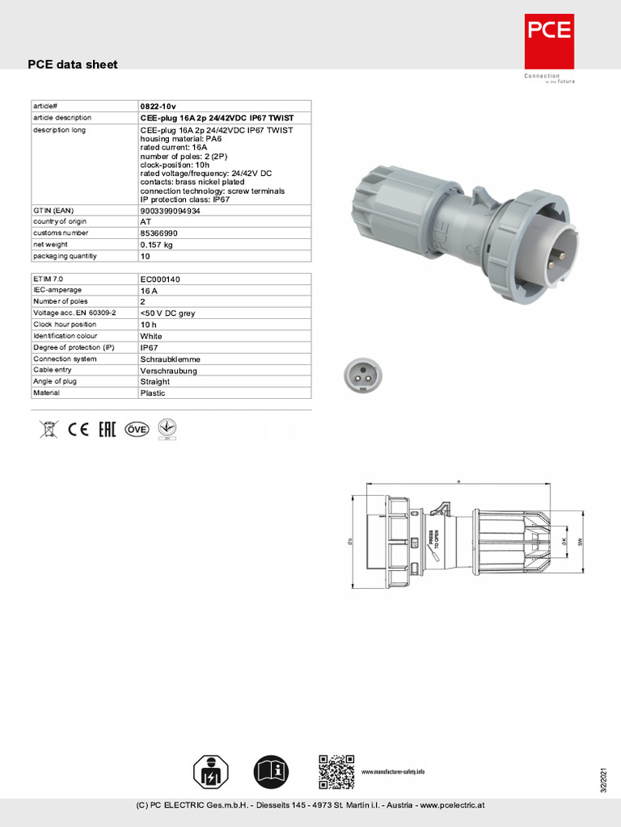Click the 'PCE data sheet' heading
(x=73, y=65)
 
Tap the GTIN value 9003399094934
(x=170, y=210)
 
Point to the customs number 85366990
(x=158, y=233)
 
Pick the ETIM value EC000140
(x=160, y=279)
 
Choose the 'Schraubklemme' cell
(x=170, y=359)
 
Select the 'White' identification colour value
(x=151, y=336)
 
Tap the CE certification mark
(x=78, y=429)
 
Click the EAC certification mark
(x=107, y=429)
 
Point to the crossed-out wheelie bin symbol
(x=49, y=429)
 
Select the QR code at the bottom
(x=336, y=771)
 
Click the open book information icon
(x=272, y=773)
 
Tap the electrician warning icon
(x=211, y=773)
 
